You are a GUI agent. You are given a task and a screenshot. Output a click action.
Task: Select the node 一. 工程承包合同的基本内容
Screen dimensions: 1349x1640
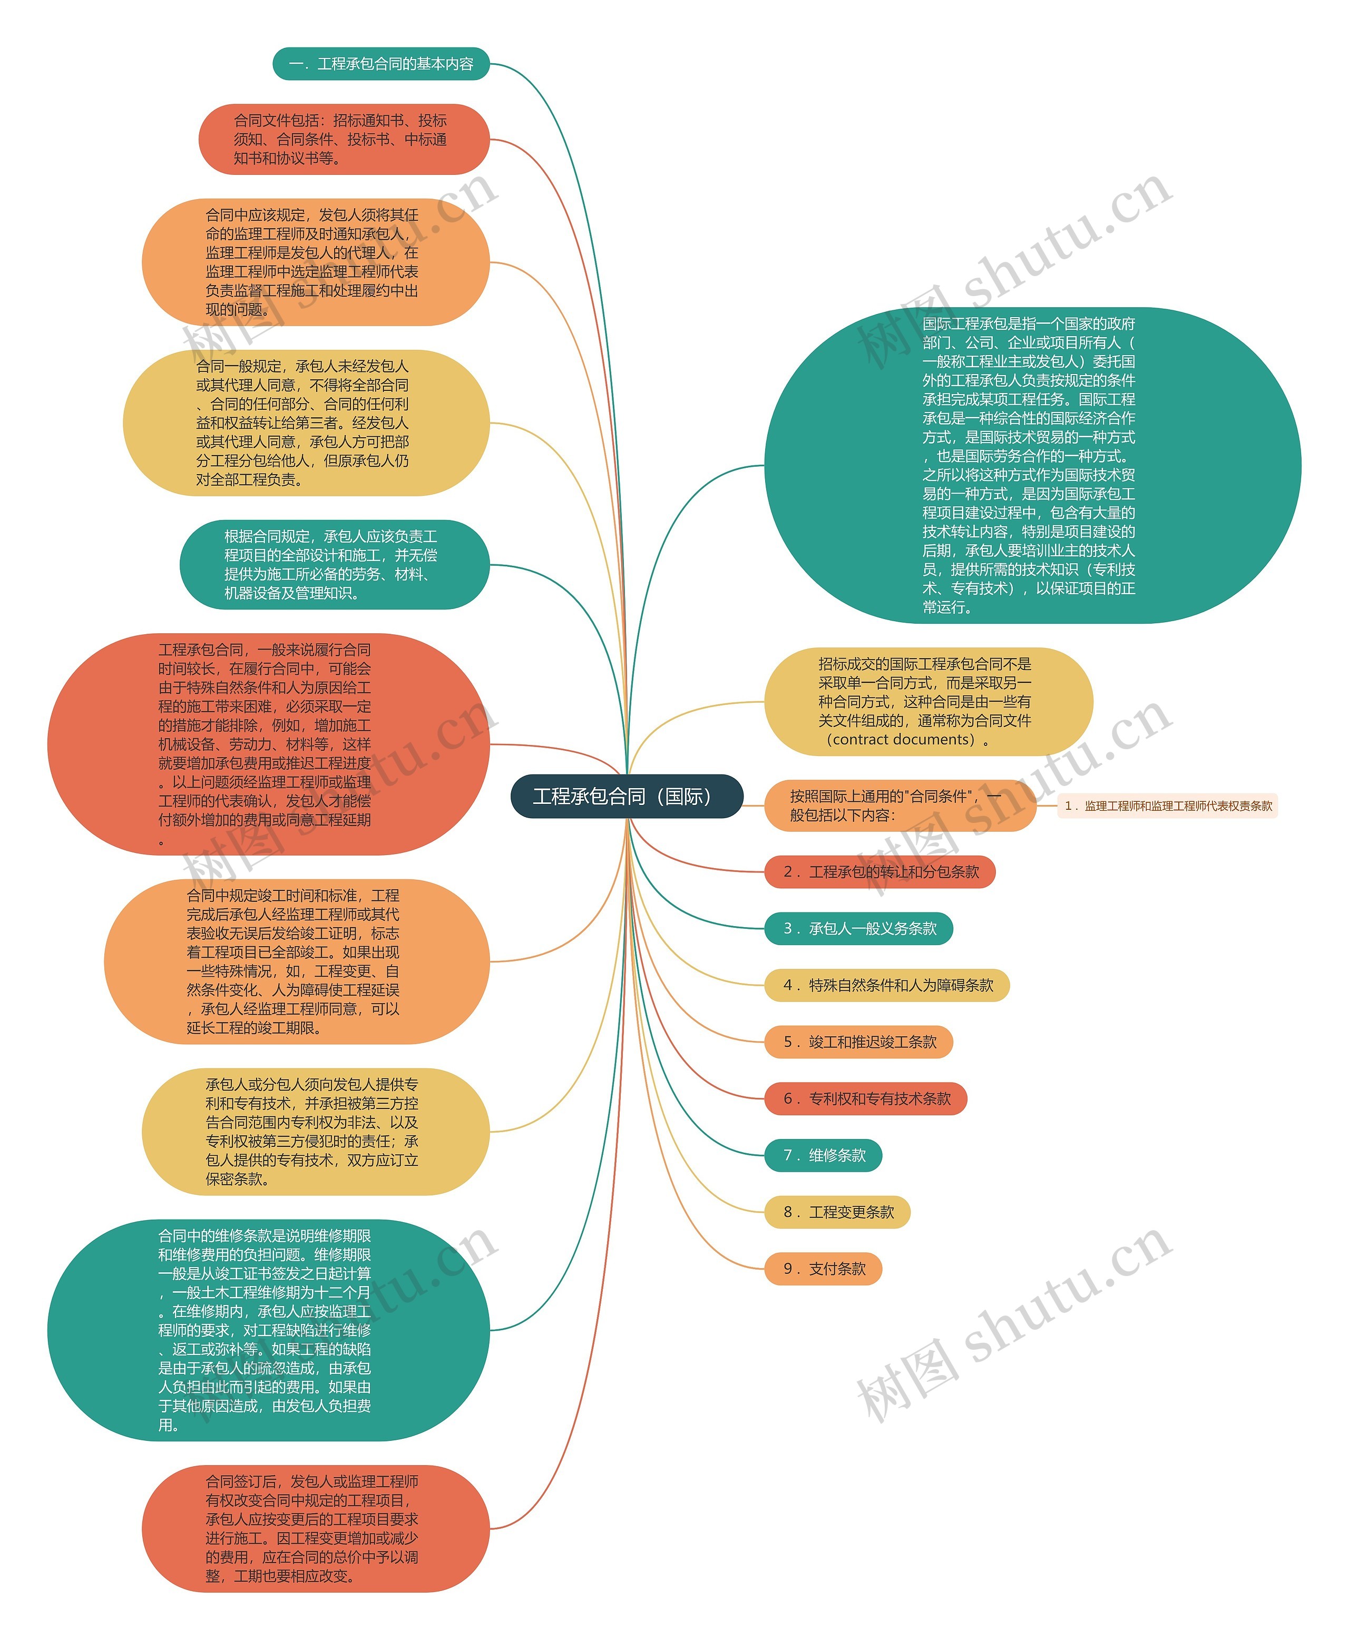[381, 64]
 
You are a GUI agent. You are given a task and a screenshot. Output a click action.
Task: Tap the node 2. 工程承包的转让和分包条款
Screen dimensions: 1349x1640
[879, 872]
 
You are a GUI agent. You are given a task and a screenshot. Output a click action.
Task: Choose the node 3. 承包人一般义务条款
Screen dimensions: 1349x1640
[858, 928]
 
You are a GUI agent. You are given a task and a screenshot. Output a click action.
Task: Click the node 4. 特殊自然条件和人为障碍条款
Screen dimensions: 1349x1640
[887, 985]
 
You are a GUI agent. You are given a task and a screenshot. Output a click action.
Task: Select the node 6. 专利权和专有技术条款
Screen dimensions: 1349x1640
[865, 1098]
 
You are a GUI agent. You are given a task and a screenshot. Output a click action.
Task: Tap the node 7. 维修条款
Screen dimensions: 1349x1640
[823, 1155]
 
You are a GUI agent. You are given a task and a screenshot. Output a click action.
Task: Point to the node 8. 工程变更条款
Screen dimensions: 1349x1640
[837, 1212]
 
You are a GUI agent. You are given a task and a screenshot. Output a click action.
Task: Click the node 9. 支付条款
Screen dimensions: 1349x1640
[823, 1269]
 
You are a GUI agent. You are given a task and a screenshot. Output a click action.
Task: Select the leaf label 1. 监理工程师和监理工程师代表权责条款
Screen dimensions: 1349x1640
[1167, 806]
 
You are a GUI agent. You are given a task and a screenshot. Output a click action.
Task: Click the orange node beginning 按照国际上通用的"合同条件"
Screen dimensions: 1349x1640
[900, 806]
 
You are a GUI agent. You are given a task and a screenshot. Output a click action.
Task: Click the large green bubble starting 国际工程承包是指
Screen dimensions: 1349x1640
[1032, 465]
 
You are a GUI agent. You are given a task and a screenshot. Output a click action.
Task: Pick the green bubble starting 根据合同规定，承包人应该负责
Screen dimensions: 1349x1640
[334, 564]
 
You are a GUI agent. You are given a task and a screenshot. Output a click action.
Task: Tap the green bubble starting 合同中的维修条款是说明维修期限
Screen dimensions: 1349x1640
[268, 1330]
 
